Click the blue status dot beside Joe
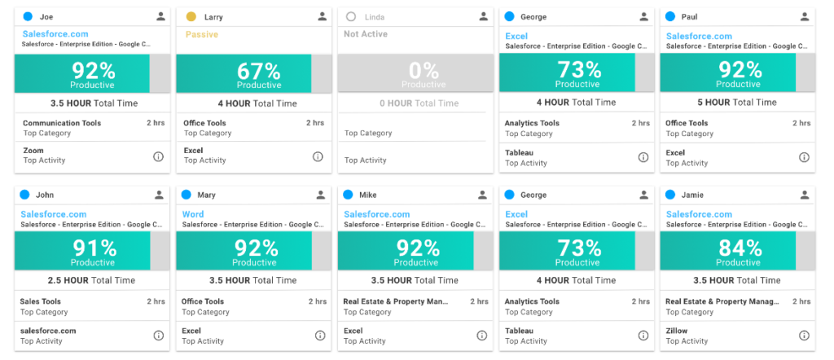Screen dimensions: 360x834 [28, 16]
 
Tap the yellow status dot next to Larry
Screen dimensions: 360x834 [191, 16]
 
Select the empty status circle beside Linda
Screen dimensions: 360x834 [351, 16]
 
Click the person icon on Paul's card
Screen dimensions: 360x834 [804, 16]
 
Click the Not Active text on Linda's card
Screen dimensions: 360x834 [366, 34]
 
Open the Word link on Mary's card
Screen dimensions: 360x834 [193, 214]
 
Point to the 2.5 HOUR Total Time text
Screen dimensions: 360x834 [92, 280]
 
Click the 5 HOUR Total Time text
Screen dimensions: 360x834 [737, 103]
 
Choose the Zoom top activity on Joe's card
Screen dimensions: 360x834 [33, 151]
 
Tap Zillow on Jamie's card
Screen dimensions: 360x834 [676, 331]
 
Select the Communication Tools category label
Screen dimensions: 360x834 [62, 123]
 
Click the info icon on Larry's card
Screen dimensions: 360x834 [318, 156]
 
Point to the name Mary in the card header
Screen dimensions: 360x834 [206, 195]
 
